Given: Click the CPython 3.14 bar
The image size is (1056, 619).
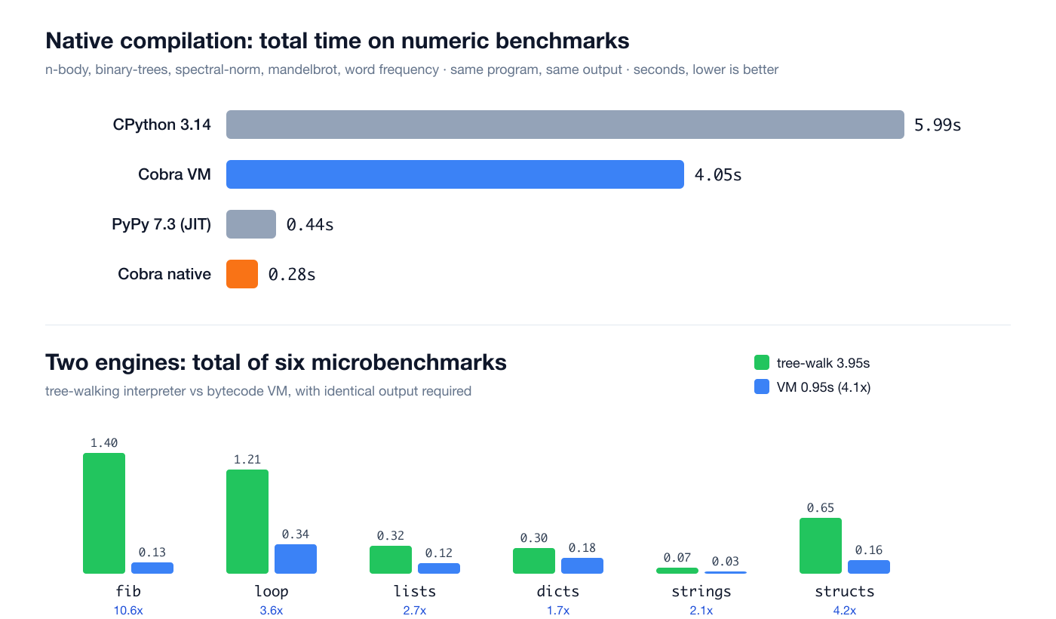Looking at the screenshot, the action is click(565, 125).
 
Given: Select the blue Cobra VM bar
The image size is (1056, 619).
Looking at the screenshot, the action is click(455, 174).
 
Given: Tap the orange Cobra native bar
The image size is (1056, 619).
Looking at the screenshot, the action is click(242, 273).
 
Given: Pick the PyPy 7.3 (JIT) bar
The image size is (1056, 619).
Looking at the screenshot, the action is click(250, 224).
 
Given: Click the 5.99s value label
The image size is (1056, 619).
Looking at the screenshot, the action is click(937, 125).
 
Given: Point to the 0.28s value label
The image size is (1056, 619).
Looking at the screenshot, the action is click(291, 274).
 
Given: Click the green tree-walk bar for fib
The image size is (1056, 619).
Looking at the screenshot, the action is click(104, 513).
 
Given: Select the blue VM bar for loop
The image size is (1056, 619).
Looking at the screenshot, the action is click(296, 559).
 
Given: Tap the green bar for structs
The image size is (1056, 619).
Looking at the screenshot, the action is click(821, 546).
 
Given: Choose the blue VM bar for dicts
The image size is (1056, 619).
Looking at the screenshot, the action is click(582, 565).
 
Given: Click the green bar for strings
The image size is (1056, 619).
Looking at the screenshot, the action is click(677, 571).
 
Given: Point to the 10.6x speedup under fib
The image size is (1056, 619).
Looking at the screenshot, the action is click(128, 611).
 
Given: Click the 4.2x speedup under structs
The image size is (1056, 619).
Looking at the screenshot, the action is click(844, 611).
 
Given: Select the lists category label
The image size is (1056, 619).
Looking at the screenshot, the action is click(415, 591).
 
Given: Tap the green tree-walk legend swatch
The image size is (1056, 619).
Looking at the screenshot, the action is click(762, 363).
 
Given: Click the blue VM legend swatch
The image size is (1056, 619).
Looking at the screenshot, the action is click(762, 386).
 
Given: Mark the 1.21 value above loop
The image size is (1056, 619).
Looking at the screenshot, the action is click(247, 460).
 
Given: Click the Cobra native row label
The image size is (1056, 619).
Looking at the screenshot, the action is click(164, 273).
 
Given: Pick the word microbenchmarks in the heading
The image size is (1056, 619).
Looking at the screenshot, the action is click(409, 362).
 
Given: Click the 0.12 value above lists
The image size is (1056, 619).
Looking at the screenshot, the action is click(439, 553).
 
